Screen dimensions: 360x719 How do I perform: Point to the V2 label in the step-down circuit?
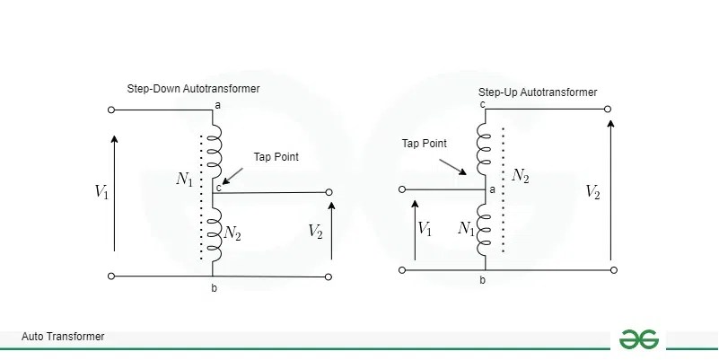315,231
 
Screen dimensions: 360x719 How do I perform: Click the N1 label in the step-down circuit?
185,180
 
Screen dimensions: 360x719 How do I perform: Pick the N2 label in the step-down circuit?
233,233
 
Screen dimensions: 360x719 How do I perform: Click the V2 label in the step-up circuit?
593,191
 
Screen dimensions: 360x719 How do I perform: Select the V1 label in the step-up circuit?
425,229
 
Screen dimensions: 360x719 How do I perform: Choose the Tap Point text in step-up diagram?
424,143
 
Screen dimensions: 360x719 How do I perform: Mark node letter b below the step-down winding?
214,287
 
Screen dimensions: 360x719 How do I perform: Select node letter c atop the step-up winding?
482,104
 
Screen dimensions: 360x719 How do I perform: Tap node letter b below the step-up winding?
482,281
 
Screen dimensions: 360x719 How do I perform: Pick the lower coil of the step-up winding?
485,229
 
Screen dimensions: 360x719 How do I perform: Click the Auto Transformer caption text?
63,337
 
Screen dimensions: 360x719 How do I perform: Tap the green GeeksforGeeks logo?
639,338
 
